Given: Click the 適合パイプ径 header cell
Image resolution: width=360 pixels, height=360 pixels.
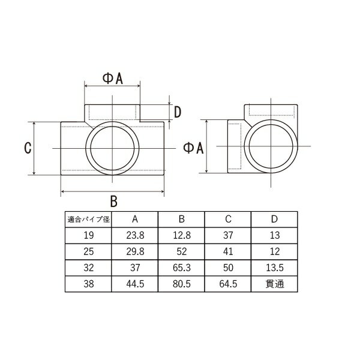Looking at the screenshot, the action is pyautogui.click(x=89, y=220).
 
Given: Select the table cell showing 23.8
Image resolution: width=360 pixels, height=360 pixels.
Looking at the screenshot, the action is pyautogui.click(x=135, y=236).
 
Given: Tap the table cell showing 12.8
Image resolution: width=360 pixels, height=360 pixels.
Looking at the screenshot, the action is pyautogui.click(x=182, y=236).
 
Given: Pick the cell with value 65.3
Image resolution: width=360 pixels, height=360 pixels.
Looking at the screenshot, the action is pyautogui.click(x=182, y=268).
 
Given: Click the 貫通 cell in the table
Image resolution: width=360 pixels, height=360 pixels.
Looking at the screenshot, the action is pyautogui.click(x=275, y=284).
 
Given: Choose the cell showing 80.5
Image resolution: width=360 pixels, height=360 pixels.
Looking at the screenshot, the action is pyautogui.click(x=182, y=284).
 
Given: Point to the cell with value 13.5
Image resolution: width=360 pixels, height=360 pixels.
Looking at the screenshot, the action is pyautogui.click(x=275, y=268).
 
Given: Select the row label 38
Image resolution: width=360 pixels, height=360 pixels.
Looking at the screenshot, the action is pyautogui.click(x=89, y=284).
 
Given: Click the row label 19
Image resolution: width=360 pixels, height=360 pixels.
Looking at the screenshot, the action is pyautogui.click(x=89, y=236).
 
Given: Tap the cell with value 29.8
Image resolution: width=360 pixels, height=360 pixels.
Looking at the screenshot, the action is pyautogui.click(x=135, y=251).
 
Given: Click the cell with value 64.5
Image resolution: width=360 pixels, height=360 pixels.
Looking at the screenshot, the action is pyautogui.click(x=228, y=284).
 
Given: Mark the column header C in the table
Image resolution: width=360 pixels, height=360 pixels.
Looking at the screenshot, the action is pyautogui.click(x=228, y=220).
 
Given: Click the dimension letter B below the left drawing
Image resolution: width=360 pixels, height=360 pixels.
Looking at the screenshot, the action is pyautogui.click(x=113, y=202).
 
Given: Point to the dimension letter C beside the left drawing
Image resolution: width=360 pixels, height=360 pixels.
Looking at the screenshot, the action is pyautogui.click(x=28, y=148).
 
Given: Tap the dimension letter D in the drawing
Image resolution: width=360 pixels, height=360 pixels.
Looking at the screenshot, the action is pyautogui.click(x=178, y=112).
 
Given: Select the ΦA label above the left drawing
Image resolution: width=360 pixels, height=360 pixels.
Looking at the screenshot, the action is pyautogui.click(x=113, y=79).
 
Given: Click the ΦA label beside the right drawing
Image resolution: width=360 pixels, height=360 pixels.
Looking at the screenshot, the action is pyautogui.click(x=193, y=148).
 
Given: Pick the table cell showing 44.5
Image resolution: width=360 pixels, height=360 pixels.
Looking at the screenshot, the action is pyautogui.click(x=135, y=284).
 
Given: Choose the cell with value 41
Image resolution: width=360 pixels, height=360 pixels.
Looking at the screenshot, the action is pyautogui.click(x=228, y=251).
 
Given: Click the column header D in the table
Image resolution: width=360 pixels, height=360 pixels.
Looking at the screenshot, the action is pyautogui.click(x=275, y=220).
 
